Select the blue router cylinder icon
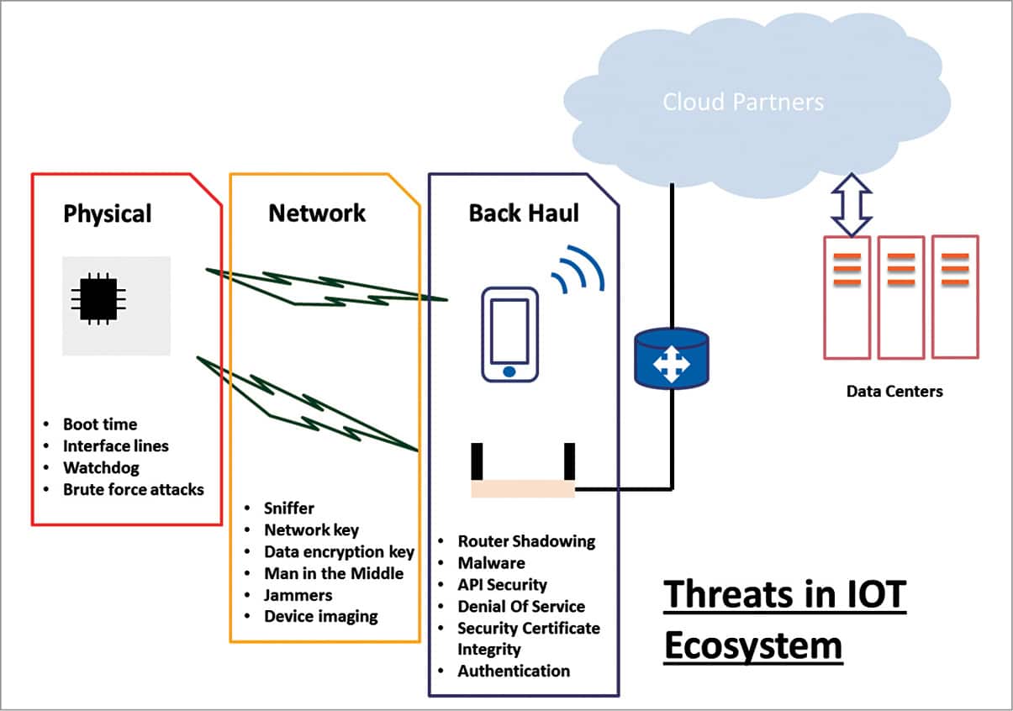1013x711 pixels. (x=671, y=358)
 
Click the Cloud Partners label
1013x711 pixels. (x=743, y=103)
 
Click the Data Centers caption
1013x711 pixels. (x=894, y=391)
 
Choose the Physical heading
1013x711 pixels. (x=108, y=213)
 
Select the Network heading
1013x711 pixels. (x=317, y=213)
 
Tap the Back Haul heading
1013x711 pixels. (x=524, y=213)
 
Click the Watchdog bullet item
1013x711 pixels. (x=101, y=467)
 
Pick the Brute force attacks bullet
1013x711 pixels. (x=133, y=488)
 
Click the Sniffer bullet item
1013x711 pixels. (x=288, y=508)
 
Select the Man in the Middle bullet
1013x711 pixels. (x=334, y=573)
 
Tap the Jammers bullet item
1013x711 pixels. (x=298, y=595)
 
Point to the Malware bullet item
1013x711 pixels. (x=491, y=563)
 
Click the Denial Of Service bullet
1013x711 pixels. (x=520, y=606)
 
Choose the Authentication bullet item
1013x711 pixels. (x=513, y=671)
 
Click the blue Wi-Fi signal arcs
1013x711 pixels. (x=578, y=268)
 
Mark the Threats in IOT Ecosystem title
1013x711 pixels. (x=784, y=620)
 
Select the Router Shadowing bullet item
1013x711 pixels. (x=525, y=541)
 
